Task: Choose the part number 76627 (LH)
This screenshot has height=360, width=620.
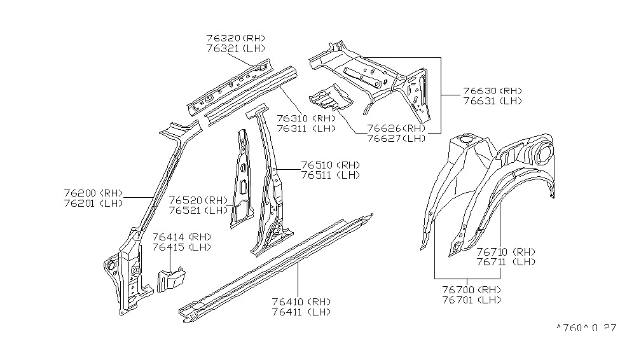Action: [x=396, y=138]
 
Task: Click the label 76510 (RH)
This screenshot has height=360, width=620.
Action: [x=330, y=165]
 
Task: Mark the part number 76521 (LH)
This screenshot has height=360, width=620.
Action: [x=198, y=210]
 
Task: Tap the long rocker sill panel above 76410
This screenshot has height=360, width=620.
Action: [x=273, y=267]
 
